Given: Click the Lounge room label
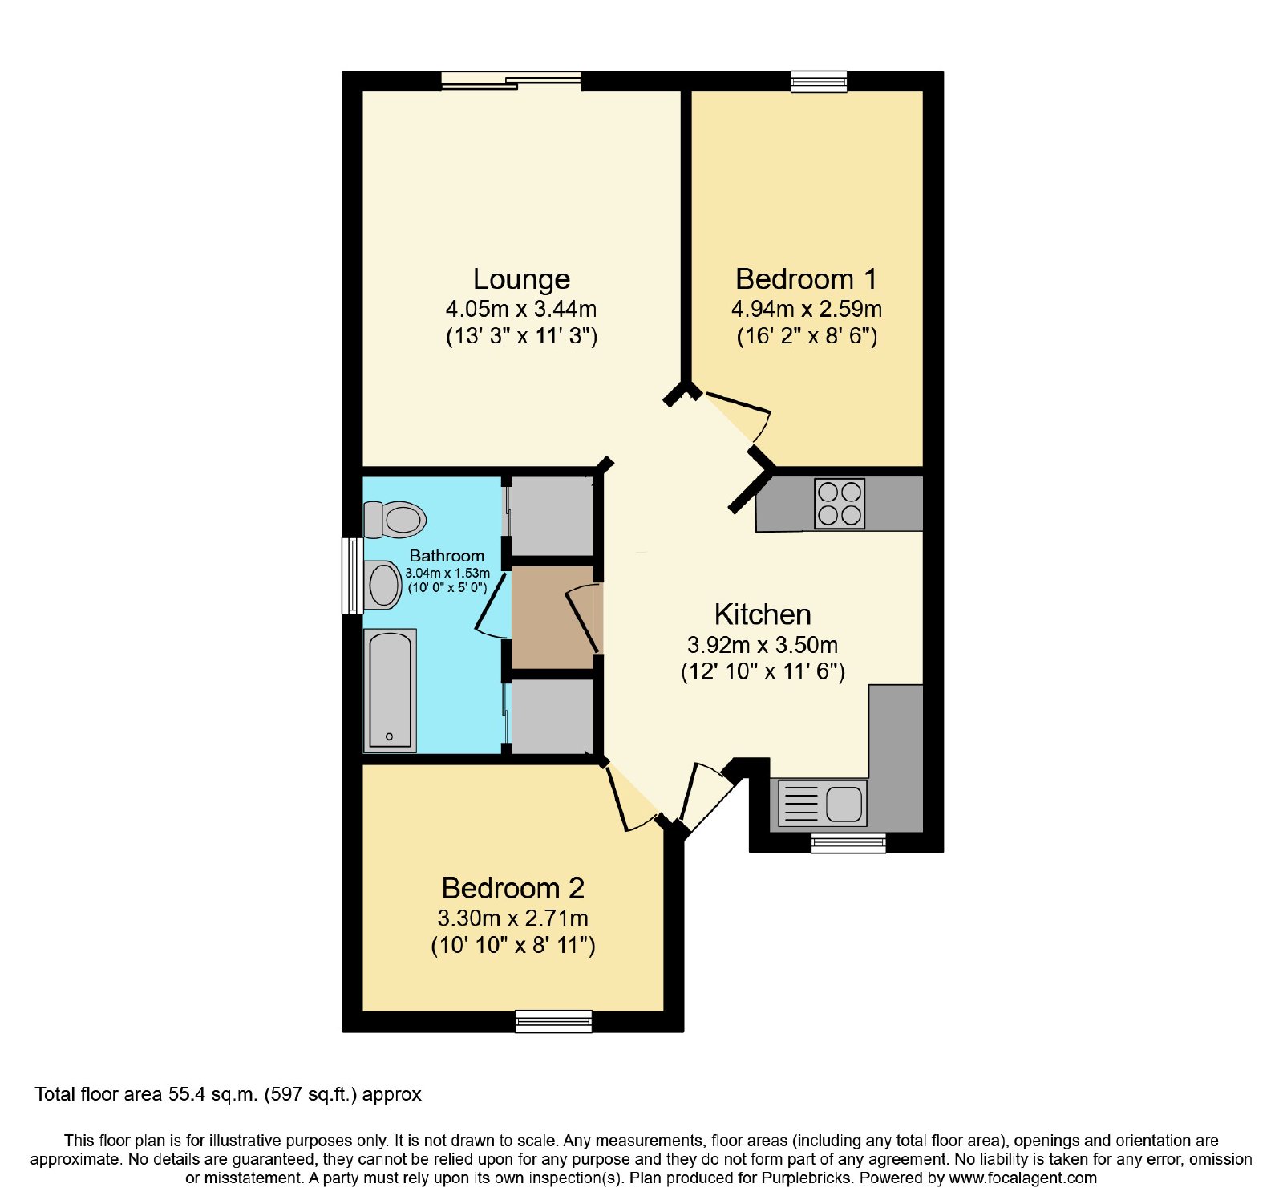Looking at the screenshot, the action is [521, 279].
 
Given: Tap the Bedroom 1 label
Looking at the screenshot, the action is [806, 279].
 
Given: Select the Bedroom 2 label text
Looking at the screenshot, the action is [512, 888].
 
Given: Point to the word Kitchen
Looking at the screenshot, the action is [763, 614].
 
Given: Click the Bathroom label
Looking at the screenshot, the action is [447, 556].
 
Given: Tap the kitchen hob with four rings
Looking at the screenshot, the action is [840, 504].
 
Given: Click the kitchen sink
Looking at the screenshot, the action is [823, 803].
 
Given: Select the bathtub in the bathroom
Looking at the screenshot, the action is [390, 691].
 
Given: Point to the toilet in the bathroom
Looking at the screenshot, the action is [393, 520].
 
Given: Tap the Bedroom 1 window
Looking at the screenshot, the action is [819, 81].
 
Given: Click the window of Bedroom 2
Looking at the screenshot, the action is [553, 1020].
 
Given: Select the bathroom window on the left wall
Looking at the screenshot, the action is [353, 575].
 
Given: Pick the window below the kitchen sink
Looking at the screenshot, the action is [848, 842].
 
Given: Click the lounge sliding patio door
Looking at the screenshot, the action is [511, 80].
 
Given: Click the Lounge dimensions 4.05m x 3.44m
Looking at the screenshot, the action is [521, 309].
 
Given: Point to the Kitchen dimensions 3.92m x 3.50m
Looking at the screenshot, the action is [763, 645].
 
